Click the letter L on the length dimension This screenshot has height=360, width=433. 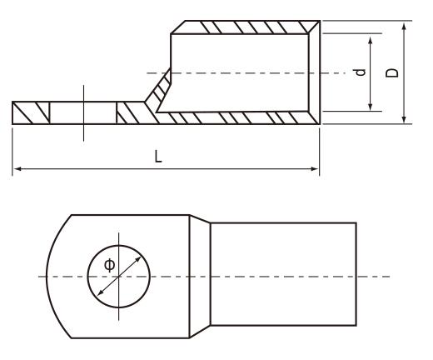click(x=157, y=157)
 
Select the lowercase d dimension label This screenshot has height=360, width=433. click(x=361, y=72)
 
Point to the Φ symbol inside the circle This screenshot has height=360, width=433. click(x=109, y=265)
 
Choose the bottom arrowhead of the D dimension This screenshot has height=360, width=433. click(x=403, y=119)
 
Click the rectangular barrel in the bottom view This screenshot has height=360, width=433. click(x=283, y=276)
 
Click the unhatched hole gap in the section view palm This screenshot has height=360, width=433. click(x=83, y=112)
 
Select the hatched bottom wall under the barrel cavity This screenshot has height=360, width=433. click(x=241, y=117)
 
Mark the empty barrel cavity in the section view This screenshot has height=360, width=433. click(x=241, y=72)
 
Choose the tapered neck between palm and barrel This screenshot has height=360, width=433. click(x=200, y=276)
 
